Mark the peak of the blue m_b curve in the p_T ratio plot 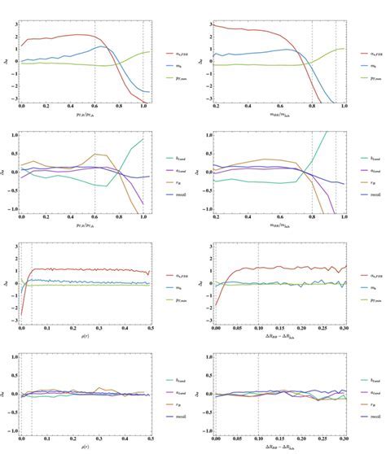[99, 46]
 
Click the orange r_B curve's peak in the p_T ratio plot [96, 153]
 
